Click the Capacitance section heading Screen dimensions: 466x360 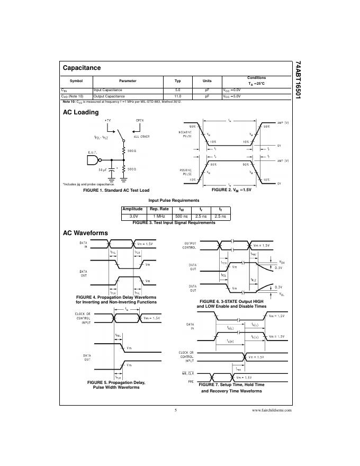(x=82, y=68)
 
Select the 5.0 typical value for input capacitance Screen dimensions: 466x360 (x=178, y=90)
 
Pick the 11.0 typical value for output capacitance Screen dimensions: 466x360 (x=178, y=96)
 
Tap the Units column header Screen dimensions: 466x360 (x=207, y=81)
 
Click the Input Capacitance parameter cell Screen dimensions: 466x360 (x=108, y=90)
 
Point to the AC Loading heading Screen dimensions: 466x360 (x=80, y=112)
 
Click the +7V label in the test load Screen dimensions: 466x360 (x=108, y=121)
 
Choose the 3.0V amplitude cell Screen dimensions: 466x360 (x=133, y=216)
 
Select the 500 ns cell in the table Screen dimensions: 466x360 (x=182, y=216)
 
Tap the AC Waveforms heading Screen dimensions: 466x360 (x=85, y=233)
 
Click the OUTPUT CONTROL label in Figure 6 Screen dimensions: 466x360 (x=190, y=245)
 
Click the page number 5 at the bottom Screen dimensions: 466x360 (x=175, y=410)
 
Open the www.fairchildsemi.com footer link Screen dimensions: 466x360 (x=272, y=410)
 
